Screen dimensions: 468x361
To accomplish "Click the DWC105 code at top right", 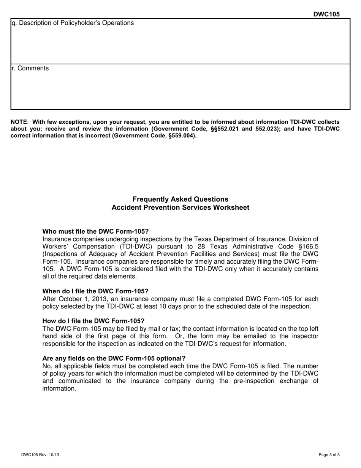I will pos(326,14).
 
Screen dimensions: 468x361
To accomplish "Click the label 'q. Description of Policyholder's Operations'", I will pos(73,23).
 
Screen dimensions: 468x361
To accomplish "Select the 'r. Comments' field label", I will pos(30,68).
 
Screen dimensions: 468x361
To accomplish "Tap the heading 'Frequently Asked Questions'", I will pos(180,199).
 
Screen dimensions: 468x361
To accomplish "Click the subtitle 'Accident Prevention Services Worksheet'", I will pos(180,208).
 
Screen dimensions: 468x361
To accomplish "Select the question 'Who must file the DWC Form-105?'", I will pos(95,231).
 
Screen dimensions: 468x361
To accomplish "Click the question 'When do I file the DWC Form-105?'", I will pos(95,291).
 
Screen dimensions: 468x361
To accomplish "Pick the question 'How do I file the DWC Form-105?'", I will pos(93,321).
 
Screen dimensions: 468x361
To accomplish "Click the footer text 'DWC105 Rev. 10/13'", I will pos(40,455).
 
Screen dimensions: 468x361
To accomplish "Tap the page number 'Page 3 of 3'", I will pos(329,455).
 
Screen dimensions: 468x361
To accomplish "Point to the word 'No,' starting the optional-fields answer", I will pos(47,366).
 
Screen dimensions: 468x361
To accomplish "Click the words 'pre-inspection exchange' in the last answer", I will pos(262,381).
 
